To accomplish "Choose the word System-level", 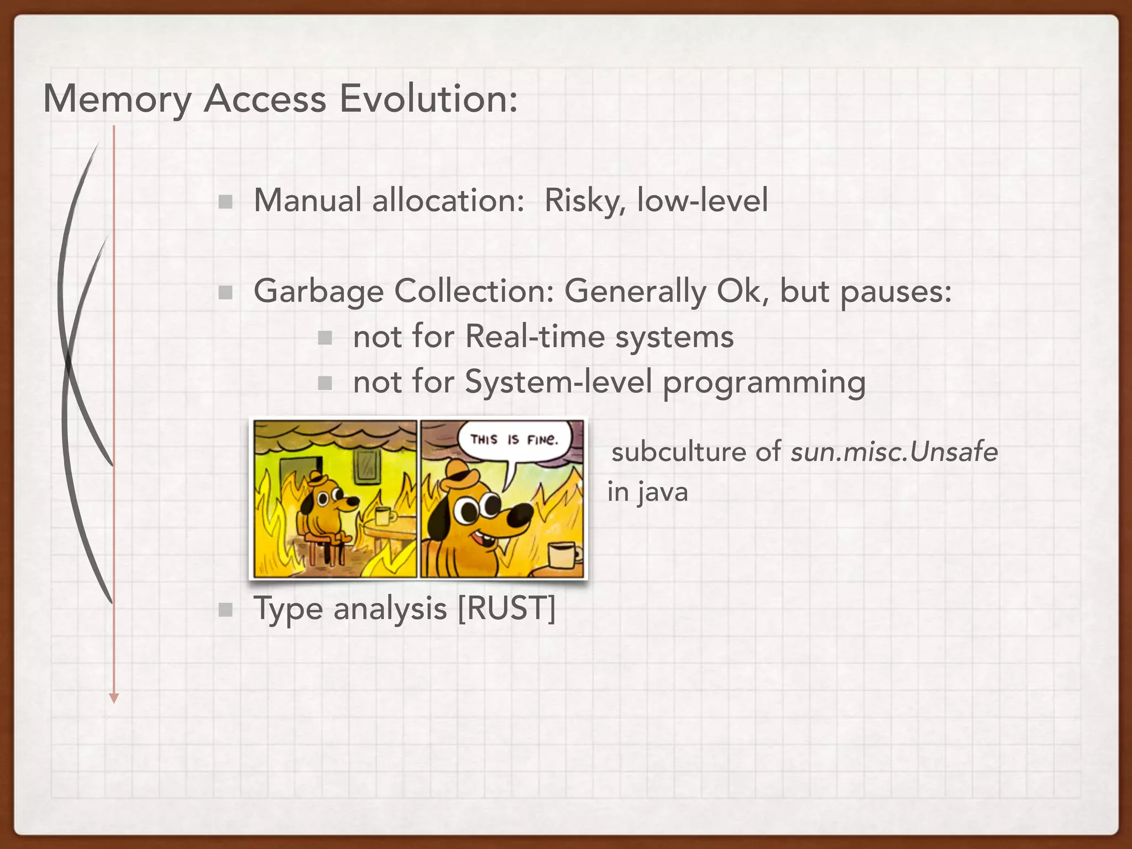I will [558, 382].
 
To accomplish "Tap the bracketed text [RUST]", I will [506, 609].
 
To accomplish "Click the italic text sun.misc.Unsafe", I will [894, 452].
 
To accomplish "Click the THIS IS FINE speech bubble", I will [514, 441].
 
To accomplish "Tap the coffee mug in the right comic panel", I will [564, 555].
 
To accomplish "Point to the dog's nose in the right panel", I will [520, 515].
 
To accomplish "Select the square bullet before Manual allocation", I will [225, 202].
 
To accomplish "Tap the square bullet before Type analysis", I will [225, 610].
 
